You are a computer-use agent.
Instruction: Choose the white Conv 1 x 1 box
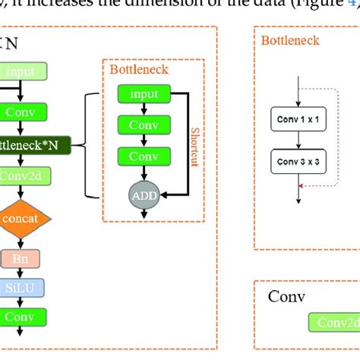pos(297,118)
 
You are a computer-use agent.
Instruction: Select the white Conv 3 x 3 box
pos(297,161)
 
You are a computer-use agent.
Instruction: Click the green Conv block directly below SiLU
pos(21,317)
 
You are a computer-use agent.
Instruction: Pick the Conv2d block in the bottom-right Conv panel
pos(334,323)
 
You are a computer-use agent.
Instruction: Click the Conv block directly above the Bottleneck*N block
pos(23,112)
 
